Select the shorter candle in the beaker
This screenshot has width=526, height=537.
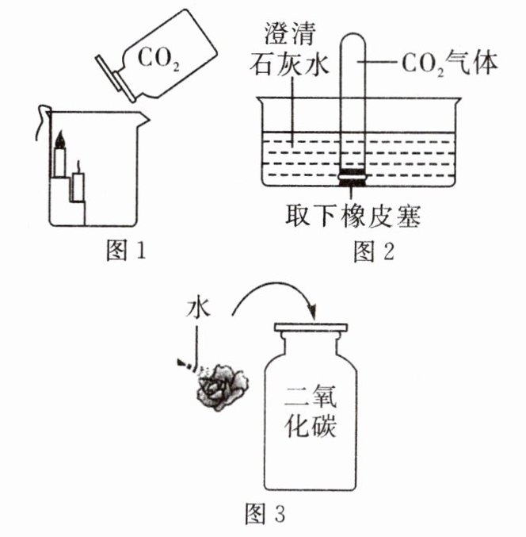click(x=78, y=186)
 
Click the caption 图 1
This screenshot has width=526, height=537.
click(x=127, y=252)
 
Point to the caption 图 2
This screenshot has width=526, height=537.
click(x=373, y=252)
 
